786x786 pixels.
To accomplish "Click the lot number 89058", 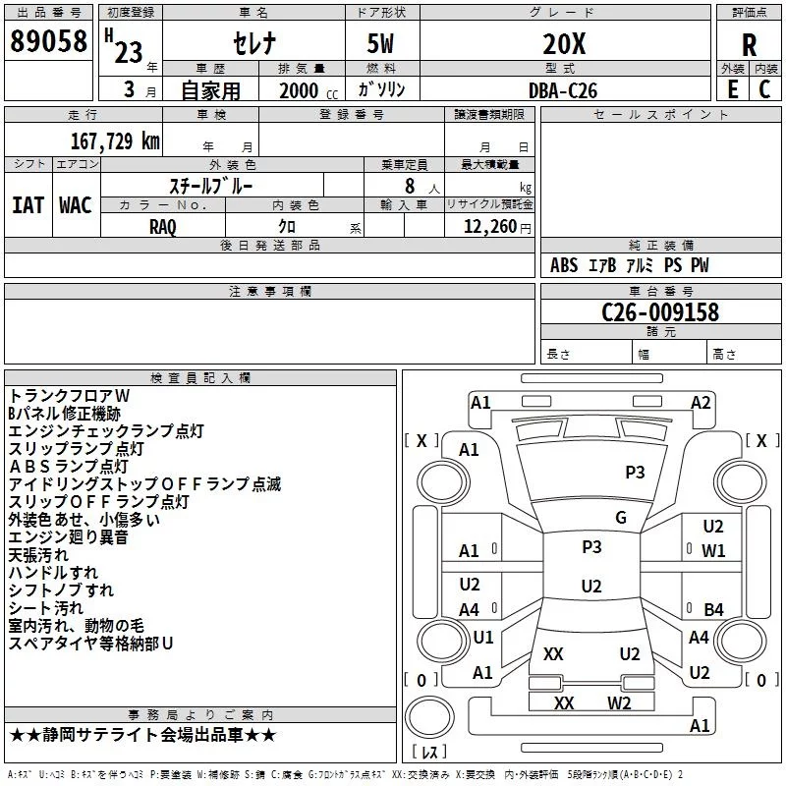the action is click(x=48, y=42).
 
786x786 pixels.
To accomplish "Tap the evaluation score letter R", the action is click(x=750, y=45).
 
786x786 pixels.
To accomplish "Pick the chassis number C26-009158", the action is click(x=660, y=312).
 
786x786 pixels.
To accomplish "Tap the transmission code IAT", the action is click(x=28, y=204).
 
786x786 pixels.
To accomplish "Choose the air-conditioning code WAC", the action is click(x=76, y=204).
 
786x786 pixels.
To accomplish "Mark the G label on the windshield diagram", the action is click(x=621, y=518).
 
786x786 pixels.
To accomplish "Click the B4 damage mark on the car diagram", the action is click(x=713, y=609).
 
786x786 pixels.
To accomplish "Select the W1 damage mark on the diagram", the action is click(x=713, y=550).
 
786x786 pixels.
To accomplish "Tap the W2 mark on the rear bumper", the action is click(x=619, y=702).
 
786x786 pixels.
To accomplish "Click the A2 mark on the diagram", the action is click(x=701, y=402).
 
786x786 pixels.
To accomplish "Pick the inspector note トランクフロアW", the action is click(x=83, y=394).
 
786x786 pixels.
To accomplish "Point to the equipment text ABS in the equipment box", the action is click(x=564, y=265).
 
